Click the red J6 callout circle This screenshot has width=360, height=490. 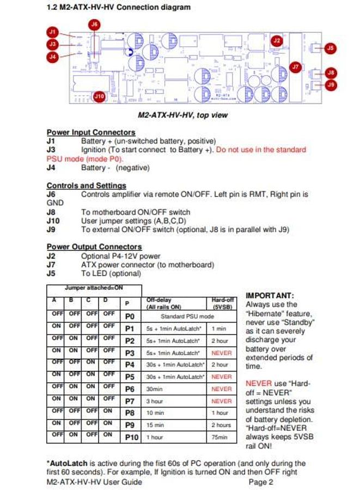click(95, 24)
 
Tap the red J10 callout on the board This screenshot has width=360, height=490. click(99, 96)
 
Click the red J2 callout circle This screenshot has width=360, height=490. click(277, 40)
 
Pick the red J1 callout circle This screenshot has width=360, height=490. click(53, 33)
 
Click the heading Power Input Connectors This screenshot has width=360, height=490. click(91, 132)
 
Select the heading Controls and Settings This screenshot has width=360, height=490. click(86, 186)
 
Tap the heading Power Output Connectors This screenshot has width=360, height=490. click(94, 247)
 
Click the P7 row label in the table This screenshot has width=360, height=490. click(130, 401)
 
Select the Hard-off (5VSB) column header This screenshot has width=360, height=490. click(221, 303)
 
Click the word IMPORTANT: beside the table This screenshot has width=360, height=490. click(270, 295)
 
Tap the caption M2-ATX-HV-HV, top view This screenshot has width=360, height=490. click(183, 115)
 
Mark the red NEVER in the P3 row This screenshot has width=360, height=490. click(221, 352)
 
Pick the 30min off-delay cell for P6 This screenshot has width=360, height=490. click(155, 389)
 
